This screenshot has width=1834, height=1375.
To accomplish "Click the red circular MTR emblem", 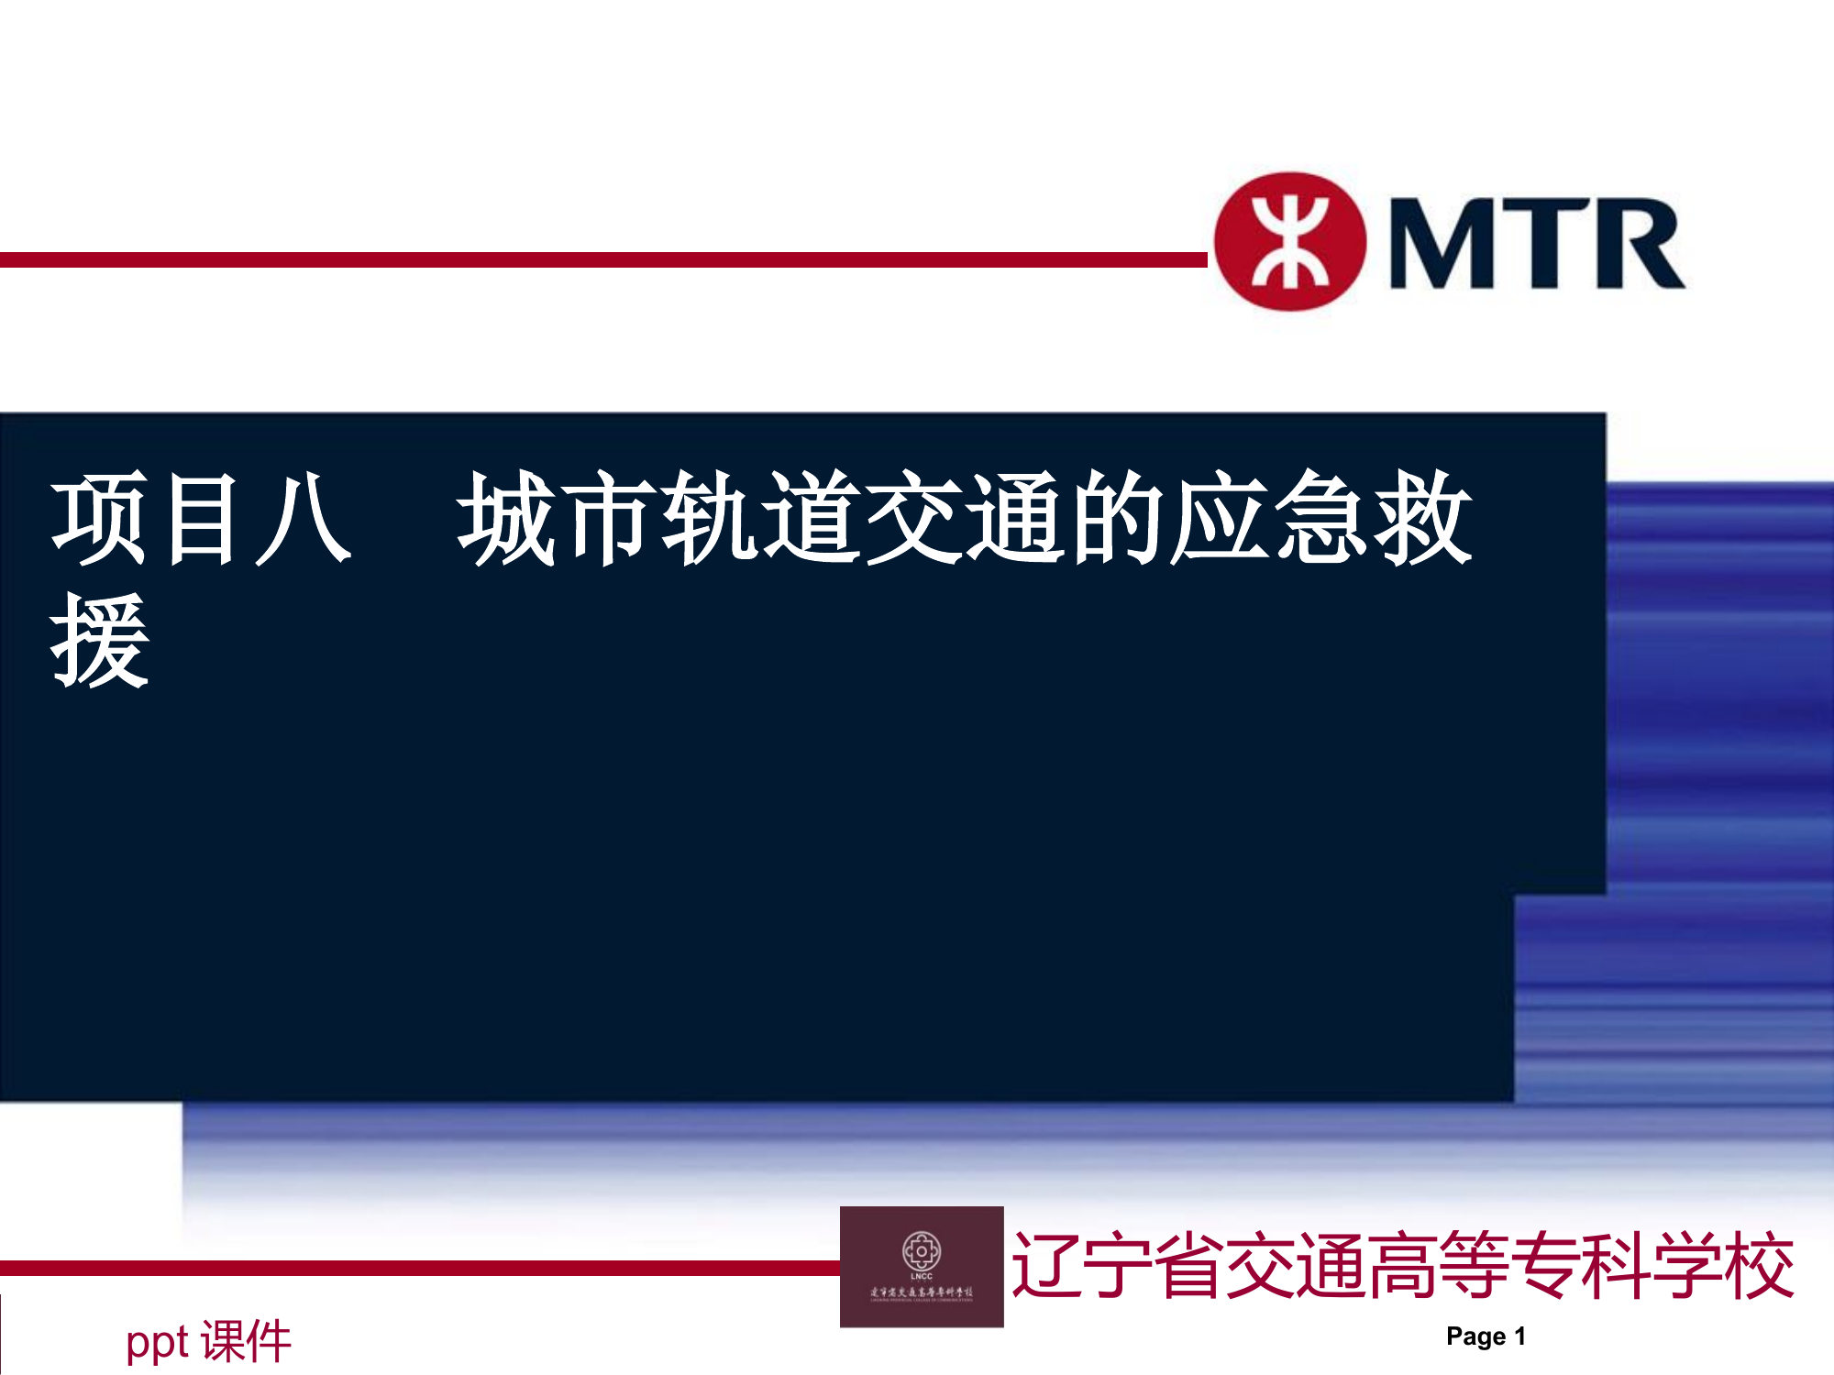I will [x=1290, y=242].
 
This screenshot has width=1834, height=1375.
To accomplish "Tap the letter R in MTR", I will [x=1638, y=244].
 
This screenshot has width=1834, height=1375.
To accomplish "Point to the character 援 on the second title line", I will [x=99, y=640].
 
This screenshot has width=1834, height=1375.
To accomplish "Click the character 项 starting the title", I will [x=99, y=519].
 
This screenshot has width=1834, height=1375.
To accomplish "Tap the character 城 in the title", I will [x=507, y=519].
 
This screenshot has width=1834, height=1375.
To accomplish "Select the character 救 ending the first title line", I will [x=1424, y=519].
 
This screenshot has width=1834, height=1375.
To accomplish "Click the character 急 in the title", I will [x=1323, y=519].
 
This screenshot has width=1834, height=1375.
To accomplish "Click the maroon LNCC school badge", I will [x=922, y=1267].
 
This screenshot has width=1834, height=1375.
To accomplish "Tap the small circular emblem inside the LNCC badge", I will [x=922, y=1250].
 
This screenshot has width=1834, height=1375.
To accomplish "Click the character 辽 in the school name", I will [x=1045, y=1266].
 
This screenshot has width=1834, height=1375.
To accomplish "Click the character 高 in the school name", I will [x=1402, y=1266].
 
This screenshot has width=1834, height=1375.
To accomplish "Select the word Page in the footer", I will [x=1475, y=1336].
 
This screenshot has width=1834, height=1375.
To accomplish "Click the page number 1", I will [x=1519, y=1336].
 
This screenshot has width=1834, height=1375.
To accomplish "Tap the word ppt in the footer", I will [x=157, y=1342].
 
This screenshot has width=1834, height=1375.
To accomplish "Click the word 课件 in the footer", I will [x=246, y=1342].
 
